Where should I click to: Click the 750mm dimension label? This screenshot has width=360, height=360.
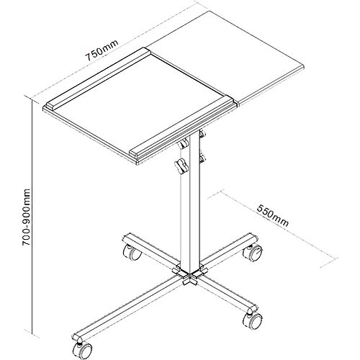[x=102, y=50]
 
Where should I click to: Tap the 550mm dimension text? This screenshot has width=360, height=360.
[x=273, y=215]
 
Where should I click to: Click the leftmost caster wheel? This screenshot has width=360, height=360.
[x=83, y=351]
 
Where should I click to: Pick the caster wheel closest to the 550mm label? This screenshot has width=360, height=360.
[x=253, y=253]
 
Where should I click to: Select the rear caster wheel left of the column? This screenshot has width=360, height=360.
[x=132, y=252]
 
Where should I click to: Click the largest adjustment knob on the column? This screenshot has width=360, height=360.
[x=181, y=166]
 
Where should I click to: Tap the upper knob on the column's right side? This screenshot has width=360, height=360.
[x=202, y=133]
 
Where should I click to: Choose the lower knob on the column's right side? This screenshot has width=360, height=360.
[x=202, y=158]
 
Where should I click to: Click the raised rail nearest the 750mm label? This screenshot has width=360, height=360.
[x=98, y=78]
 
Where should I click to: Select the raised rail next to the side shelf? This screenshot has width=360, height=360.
[x=182, y=126]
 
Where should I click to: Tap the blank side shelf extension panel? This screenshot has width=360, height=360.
[x=225, y=58]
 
